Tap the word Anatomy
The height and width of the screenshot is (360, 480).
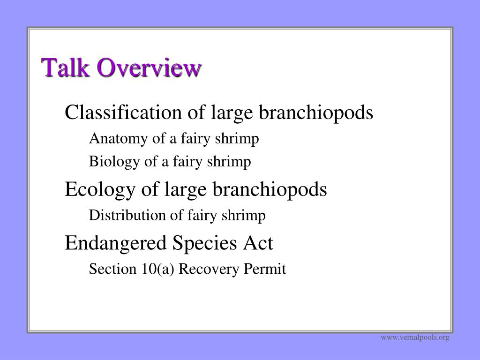click(119, 139)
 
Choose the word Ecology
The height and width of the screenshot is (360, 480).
click(100, 189)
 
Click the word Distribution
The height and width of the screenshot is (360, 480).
click(127, 215)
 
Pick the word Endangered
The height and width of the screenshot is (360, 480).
click(115, 243)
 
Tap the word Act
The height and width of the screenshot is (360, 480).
click(258, 243)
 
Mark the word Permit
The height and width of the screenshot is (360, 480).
click(265, 269)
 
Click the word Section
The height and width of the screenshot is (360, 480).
click(112, 269)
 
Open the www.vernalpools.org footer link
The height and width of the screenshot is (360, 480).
click(415, 337)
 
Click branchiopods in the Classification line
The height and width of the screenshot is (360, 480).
click(316, 112)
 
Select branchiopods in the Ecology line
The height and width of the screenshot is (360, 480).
click(270, 189)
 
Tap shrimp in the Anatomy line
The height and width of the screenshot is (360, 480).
click(237, 139)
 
